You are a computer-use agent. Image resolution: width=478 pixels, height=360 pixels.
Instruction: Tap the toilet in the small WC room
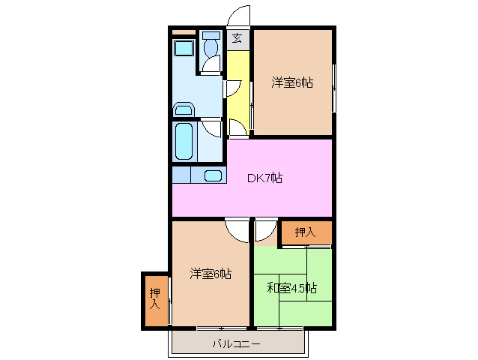(x=211, y=49)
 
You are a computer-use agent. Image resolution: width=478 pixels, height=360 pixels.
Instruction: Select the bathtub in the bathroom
(x=184, y=140)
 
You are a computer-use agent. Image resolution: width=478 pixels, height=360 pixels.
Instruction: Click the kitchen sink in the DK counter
(x=213, y=175)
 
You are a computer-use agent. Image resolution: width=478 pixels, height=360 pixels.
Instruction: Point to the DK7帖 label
(x=265, y=178)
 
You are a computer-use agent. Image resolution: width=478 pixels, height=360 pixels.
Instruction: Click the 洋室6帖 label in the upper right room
(x=291, y=83)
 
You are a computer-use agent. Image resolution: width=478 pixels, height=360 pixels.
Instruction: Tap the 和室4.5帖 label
(x=292, y=287)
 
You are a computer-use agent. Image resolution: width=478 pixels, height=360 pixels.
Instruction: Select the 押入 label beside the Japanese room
(x=305, y=233)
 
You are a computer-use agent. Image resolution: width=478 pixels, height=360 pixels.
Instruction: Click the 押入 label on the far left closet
(x=155, y=299)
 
